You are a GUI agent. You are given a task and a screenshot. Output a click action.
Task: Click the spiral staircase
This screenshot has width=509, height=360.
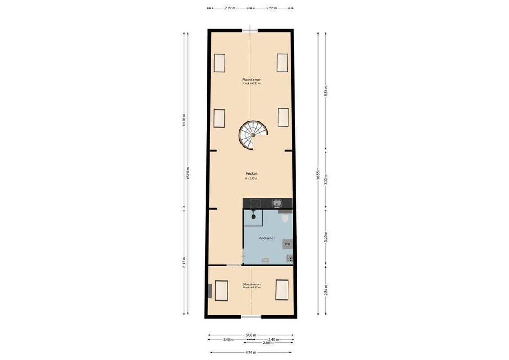click(x=253, y=135)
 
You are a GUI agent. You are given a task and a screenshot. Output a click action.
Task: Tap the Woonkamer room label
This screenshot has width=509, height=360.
click(x=251, y=80)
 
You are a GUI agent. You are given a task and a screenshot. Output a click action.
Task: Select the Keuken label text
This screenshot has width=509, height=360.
click(x=251, y=173)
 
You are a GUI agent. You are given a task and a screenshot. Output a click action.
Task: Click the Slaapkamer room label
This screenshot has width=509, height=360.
click(x=252, y=284)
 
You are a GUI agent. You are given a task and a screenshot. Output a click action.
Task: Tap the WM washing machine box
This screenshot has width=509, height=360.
click(x=287, y=244)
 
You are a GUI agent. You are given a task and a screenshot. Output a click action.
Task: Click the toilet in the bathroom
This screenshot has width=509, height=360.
click(x=284, y=218)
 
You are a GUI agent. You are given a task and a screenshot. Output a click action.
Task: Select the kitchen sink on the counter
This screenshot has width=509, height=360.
click(x=277, y=204)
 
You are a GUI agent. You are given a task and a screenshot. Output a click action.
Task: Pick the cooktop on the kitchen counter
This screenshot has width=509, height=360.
click(x=255, y=203)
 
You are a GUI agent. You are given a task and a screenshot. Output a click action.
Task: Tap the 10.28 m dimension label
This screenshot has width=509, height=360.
click(x=185, y=120)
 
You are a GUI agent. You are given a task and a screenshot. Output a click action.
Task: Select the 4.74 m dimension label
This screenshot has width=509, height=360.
click(x=251, y=352)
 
